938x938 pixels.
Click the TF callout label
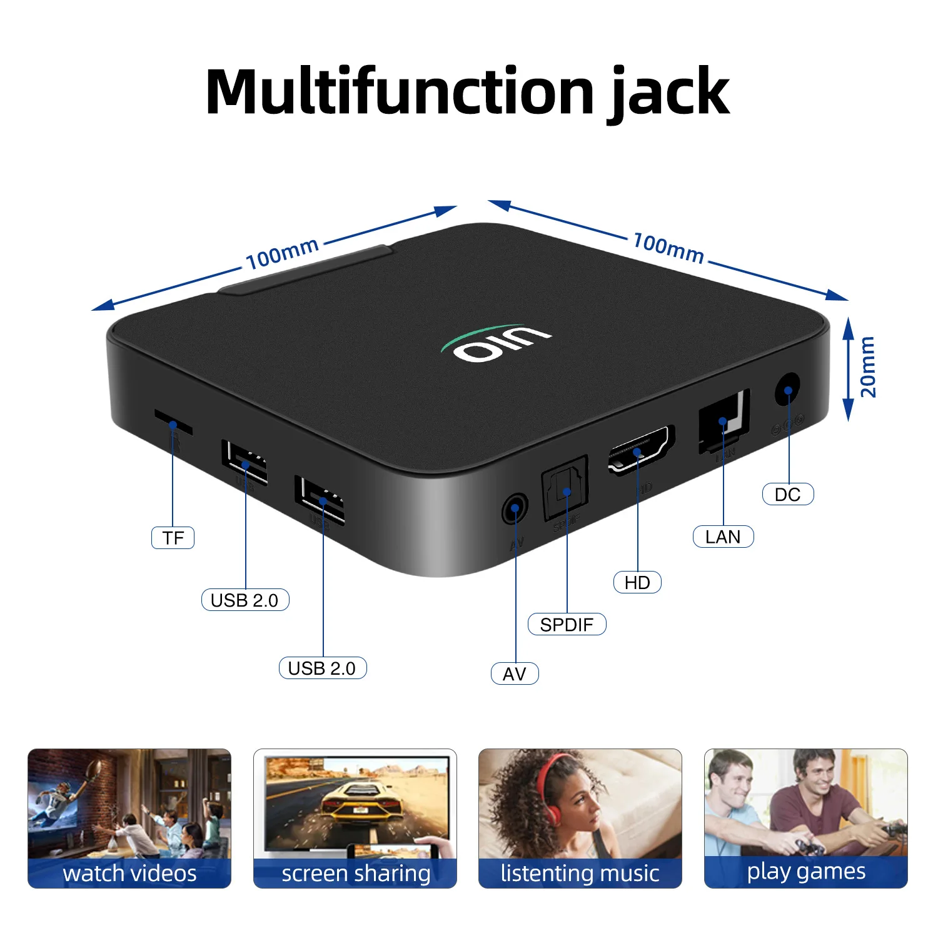(x=173, y=538)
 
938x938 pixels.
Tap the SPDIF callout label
(x=567, y=624)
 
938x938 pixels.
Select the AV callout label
(x=514, y=673)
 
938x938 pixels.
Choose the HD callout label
(x=637, y=582)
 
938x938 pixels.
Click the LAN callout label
(x=723, y=537)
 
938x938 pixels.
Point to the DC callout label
(x=787, y=494)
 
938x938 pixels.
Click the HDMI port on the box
(x=640, y=448)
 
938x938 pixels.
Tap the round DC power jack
(x=787, y=390)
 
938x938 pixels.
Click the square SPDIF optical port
(x=565, y=487)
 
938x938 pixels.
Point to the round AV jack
(x=515, y=508)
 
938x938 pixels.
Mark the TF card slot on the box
(x=173, y=421)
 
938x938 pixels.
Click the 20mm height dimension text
(x=868, y=367)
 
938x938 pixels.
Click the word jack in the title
(x=668, y=93)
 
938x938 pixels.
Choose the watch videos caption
(x=129, y=873)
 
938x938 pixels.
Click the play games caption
(x=805, y=871)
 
